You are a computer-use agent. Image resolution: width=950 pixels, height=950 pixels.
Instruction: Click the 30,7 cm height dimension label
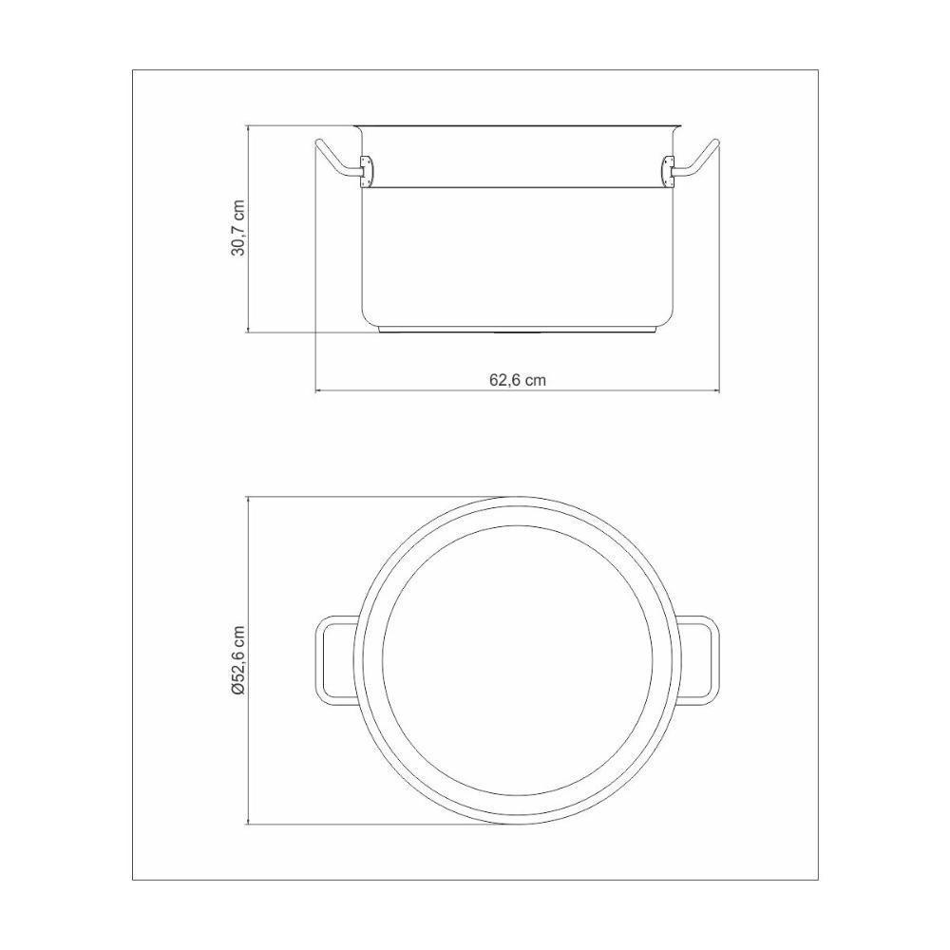coord(238,228)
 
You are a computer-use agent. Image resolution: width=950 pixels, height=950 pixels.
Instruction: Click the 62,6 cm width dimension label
coord(517,379)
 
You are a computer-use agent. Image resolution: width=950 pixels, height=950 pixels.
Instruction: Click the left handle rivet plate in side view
coord(368,170)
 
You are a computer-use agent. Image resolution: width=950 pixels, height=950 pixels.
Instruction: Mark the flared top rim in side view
coord(517,125)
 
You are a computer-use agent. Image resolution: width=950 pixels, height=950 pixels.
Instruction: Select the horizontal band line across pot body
coord(517,186)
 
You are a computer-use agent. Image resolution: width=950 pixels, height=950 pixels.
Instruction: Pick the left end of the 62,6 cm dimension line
coord(315,390)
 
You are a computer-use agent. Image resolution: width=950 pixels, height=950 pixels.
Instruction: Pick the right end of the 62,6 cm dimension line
coord(719,390)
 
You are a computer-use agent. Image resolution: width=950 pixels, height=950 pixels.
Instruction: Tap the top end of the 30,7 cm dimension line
coord(248,124)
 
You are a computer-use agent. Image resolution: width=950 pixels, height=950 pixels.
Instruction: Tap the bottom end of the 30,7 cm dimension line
coord(248,332)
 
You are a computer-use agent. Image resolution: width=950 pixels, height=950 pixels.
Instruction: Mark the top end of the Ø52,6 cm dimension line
coord(248,495)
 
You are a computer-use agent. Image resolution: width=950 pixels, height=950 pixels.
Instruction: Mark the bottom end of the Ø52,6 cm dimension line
coord(248,824)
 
